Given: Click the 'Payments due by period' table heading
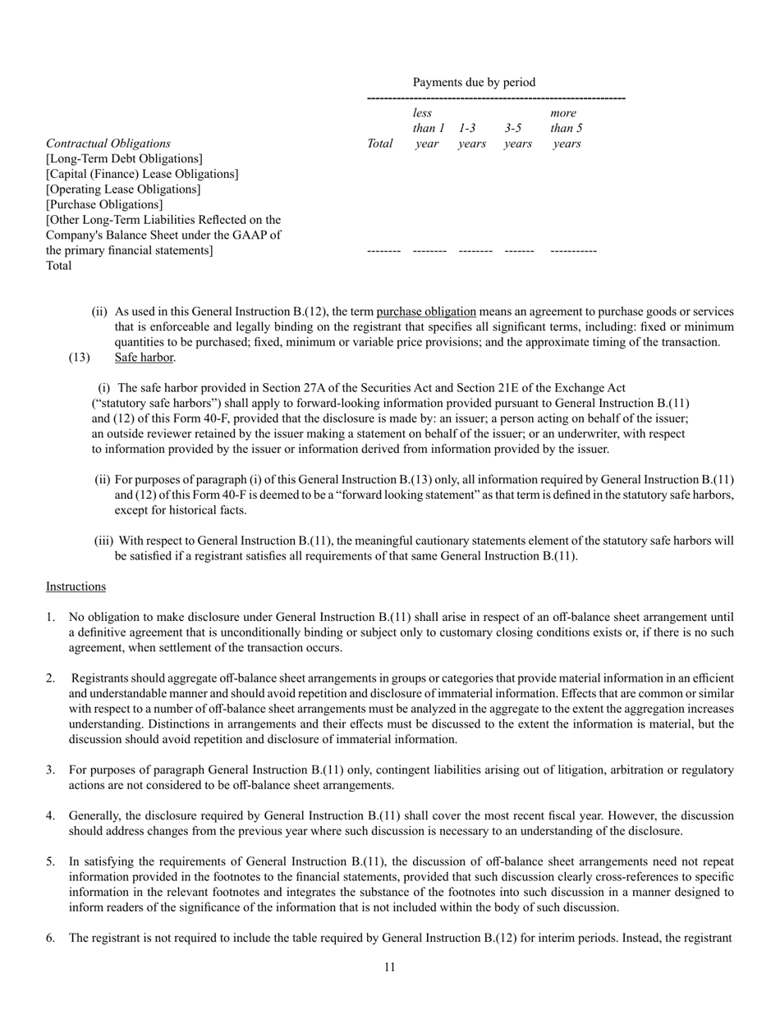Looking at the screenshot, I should click(x=474, y=82).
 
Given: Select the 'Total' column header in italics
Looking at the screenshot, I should click(x=379, y=144).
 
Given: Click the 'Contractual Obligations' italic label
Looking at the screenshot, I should click(x=108, y=144).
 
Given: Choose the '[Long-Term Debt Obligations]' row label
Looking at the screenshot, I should click(x=124, y=158).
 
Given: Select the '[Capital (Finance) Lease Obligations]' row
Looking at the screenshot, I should click(x=142, y=174).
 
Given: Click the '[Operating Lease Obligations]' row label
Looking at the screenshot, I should click(x=123, y=189).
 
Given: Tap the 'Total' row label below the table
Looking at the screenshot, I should click(x=59, y=266).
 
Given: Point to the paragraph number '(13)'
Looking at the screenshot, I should click(x=80, y=358).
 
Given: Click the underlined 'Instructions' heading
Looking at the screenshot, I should click(x=76, y=587).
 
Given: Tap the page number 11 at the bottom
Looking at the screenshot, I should click(x=389, y=967).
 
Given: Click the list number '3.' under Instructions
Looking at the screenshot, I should click(x=51, y=770).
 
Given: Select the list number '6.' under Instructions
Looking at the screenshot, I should click(x=51, y=938).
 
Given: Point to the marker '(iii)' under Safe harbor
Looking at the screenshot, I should click(x=104, y=541).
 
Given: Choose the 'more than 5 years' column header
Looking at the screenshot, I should click(x=567, y=128).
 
